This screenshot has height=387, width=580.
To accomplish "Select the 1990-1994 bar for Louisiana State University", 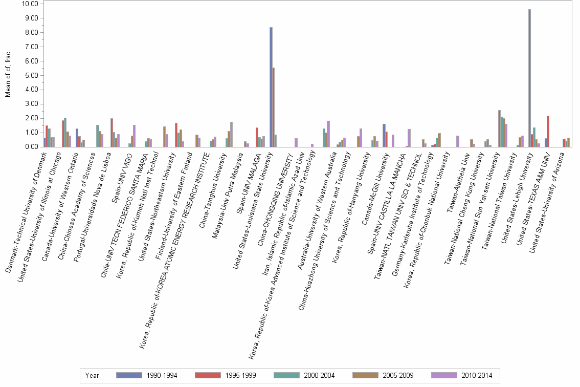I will [x=271, y=87].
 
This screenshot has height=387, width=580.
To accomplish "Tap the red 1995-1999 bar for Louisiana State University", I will [x=274, y=107].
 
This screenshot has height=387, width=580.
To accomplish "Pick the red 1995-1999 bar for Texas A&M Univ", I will [x=548, y=131].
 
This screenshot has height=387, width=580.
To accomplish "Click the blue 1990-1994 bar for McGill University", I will [x=384, y=135].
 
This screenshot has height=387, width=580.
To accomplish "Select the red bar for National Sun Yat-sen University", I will [x=499, y=128].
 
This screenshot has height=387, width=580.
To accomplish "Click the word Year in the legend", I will [x=92, y=375].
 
